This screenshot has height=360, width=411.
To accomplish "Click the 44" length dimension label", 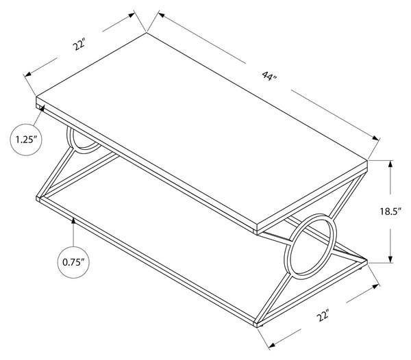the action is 269,77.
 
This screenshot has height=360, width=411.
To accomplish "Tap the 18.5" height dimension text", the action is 391,211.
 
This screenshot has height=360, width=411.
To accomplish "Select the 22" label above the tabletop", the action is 79,44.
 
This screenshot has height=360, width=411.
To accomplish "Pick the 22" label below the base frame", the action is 323,316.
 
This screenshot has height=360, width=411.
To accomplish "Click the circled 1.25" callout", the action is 26,140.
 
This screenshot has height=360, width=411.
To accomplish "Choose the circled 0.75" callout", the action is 73,262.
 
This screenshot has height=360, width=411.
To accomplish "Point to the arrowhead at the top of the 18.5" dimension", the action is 390,164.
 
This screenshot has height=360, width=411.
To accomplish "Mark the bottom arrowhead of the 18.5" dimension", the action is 390,259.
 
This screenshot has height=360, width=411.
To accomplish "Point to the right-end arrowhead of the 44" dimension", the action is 376,138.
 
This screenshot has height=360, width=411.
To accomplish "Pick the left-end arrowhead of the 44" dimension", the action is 162,15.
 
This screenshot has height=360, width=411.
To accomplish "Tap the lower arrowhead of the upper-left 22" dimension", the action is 28,75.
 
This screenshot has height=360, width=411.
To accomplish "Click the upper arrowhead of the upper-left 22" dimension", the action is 132,15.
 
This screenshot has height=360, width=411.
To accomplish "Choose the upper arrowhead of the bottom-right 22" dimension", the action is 376,287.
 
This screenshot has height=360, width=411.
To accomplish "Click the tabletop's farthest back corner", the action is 147,32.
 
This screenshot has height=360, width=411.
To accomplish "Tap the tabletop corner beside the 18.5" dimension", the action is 367,159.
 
